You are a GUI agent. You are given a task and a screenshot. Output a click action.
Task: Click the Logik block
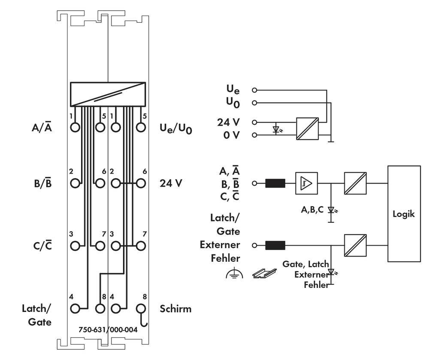point(404,214)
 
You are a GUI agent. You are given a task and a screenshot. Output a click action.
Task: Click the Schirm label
point(175,309)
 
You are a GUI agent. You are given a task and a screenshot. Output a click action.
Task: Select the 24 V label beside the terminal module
point(170,183)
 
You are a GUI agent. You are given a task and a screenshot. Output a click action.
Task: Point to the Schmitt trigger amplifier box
point(305,183)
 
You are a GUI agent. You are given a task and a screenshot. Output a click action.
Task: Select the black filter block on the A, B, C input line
point(275,183)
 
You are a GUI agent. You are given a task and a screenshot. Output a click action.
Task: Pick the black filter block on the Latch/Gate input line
point(275,245)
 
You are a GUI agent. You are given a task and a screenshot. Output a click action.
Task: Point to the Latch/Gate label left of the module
point(37,315)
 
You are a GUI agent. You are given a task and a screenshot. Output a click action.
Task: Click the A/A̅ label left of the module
point(42,127)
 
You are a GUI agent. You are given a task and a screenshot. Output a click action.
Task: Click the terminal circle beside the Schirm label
point(140,308)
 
